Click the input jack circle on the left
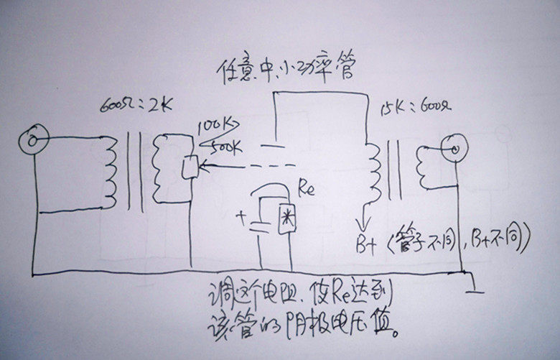click(32, 137)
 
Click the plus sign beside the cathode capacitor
click(239, 213)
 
